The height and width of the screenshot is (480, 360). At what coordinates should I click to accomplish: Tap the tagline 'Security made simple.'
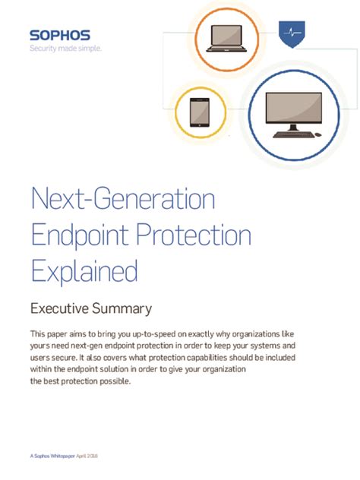65,49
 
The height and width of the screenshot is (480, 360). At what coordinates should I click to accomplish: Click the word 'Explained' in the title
84,270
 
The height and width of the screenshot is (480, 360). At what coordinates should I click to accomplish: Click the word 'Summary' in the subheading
124,309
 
